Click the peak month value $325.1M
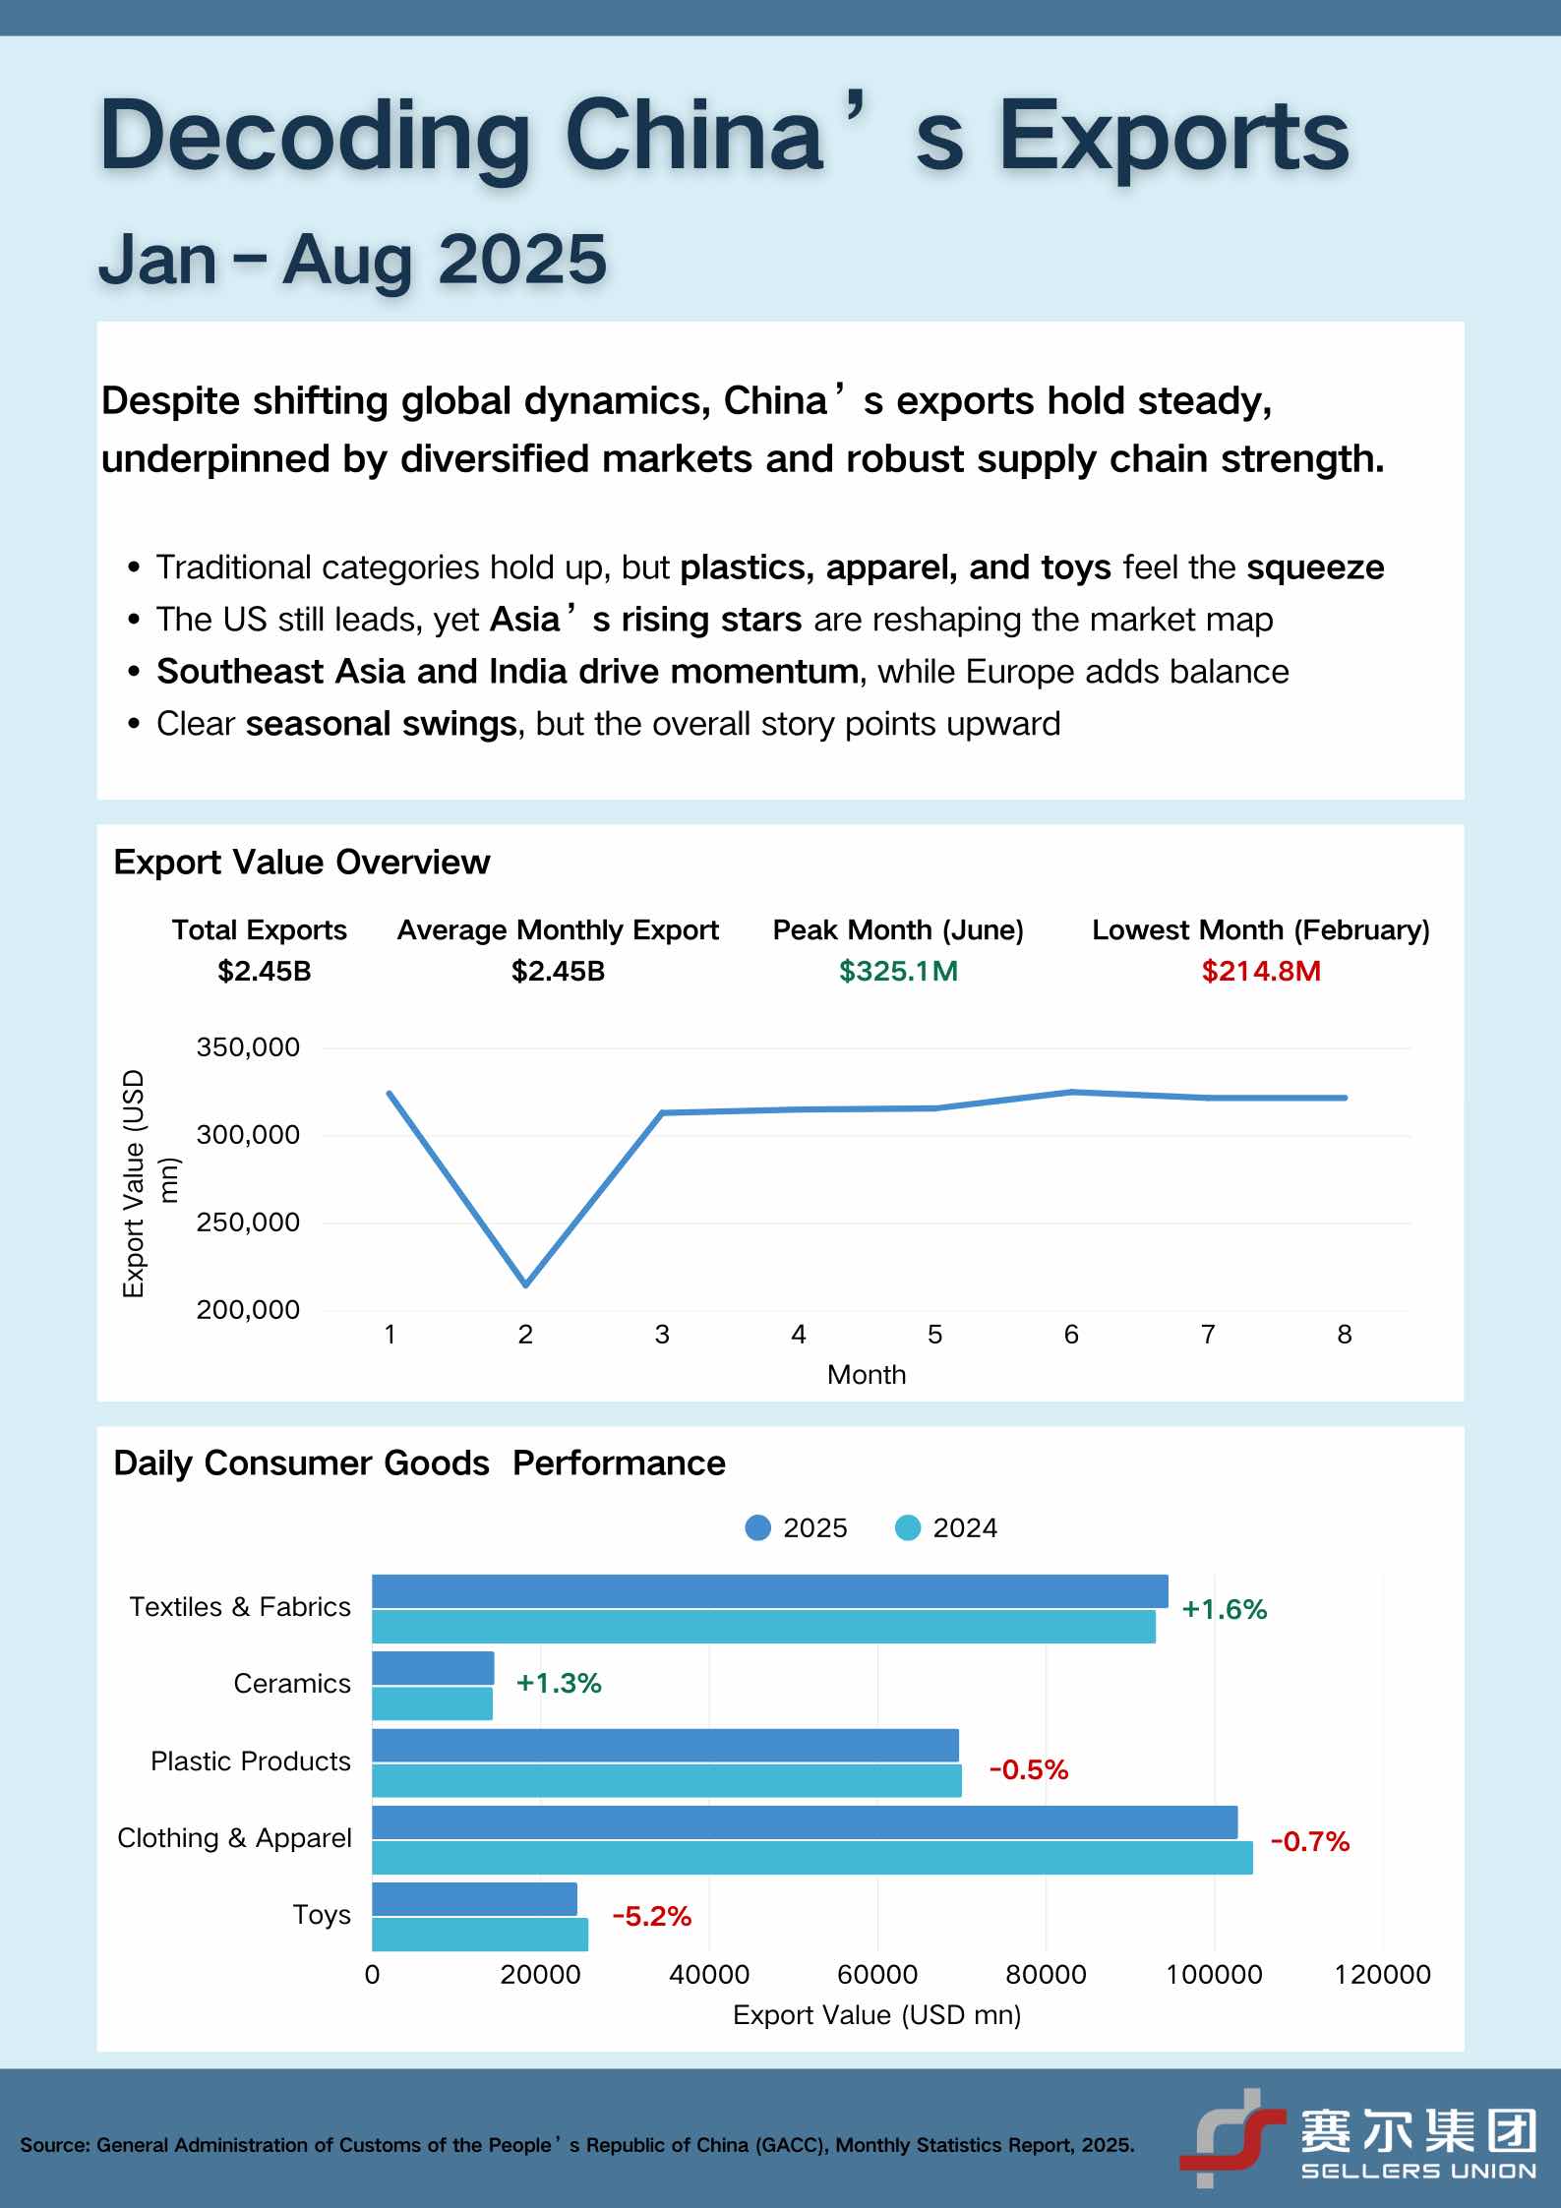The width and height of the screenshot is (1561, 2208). click(x=898, y=972)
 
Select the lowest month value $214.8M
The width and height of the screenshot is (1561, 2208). click(x=1261, y=972)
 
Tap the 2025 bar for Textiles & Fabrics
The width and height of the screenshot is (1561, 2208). click(x=770, y=1591)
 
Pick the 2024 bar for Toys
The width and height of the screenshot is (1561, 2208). click(x=480, y=1935)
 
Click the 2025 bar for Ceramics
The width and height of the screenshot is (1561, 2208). click(x=433, y=1668)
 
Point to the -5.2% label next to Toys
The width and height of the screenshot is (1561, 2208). click(x=651, y=1916)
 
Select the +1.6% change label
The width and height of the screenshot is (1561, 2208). click(x=1224, y=1609)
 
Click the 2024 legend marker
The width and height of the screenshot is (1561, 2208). click(x=908, y=1527)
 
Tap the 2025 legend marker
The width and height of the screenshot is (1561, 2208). click(x=758, y=1527)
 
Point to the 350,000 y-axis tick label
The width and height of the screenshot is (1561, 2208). click(x=248, y=1047)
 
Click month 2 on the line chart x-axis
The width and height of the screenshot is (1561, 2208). click(x=525, y=1335)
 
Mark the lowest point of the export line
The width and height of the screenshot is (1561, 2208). click(x=526, y=1284)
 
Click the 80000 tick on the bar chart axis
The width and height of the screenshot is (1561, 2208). click(x=1046, y=1974)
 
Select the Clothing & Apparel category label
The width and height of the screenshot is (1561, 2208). click(x=234, y=1838)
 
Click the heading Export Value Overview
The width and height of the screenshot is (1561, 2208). click(x=302, y=863)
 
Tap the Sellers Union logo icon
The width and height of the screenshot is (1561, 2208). click(x=1232, y=2137)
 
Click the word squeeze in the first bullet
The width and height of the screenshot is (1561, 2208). click(x=1315, y=568)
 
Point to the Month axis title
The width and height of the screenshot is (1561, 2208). click(x=867, y=1375)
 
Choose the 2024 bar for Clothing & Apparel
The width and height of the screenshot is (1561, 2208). click(x=812, y=1858)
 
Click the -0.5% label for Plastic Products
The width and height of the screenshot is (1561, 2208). click(x=1028, y=1770)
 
